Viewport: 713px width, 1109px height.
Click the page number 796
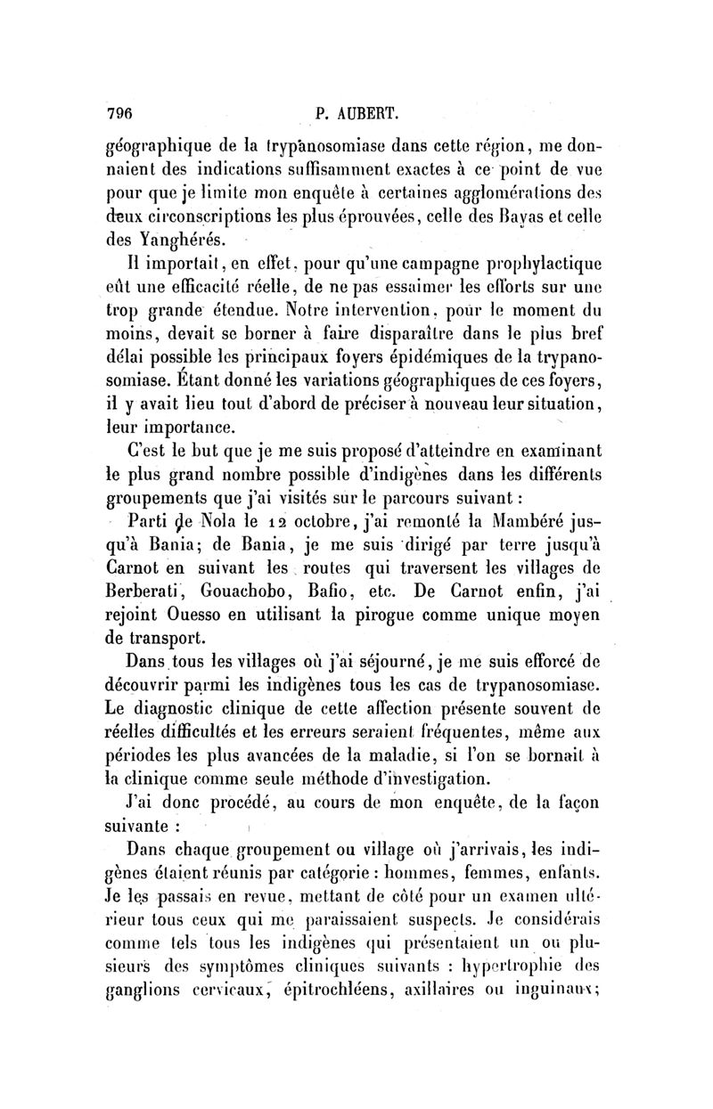tap(120, 113)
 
